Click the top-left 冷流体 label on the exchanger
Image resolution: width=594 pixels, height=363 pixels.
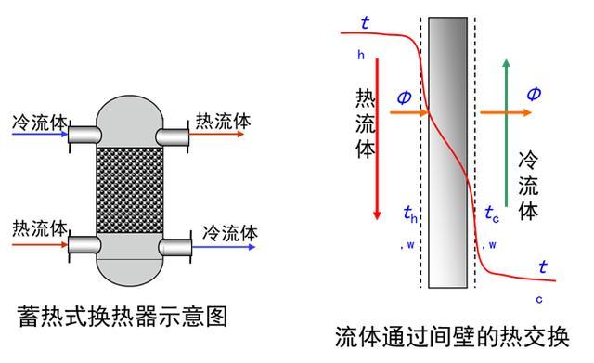pyautogui.click(x=38, y=122)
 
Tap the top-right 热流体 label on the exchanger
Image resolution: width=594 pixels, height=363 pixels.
pyautogui.click(x=223, y=121)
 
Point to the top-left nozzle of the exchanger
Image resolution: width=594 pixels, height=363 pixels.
pyautogui.click(x=84, y=136)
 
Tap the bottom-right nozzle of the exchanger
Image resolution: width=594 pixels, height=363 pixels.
pyautogui.click(x=175, y=247)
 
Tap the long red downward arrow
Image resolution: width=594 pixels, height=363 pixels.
pyautogui.click(x=377, y=158)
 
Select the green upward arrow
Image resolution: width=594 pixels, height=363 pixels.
pyautogui.click(x=505, y=130)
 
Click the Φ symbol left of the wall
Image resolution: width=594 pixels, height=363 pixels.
pyautogui.click(x=404, y=97)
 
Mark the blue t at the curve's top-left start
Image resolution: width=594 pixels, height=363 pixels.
pyautogui.click(x=364, y=23)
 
